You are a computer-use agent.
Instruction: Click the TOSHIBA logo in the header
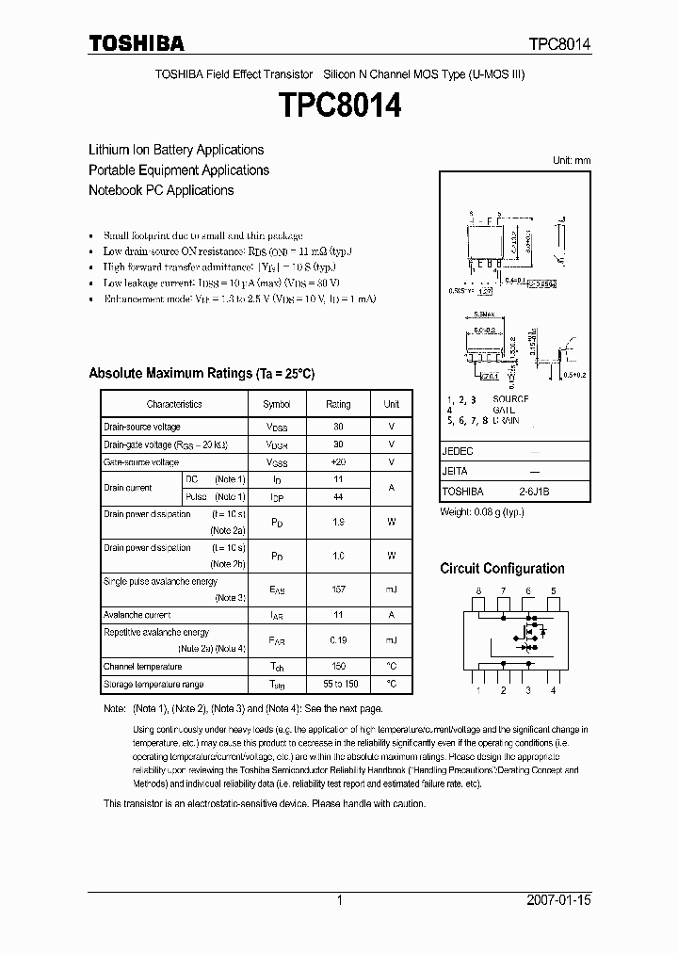137,43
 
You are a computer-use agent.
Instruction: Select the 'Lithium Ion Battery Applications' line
176,150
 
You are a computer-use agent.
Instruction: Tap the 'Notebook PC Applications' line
161,190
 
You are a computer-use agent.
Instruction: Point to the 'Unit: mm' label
572,160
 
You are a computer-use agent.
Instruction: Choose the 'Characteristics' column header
174,404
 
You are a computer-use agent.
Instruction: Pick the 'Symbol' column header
277,404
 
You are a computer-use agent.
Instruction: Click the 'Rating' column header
338,404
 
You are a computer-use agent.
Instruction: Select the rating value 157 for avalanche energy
338,590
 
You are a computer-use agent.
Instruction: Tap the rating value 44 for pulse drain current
338,496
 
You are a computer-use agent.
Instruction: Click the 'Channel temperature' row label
143,666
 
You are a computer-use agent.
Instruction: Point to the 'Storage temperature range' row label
153,685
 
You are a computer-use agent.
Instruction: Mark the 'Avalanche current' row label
137,615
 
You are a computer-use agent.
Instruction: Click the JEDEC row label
458,451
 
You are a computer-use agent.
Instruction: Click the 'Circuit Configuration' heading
502,569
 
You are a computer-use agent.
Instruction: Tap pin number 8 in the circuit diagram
478,590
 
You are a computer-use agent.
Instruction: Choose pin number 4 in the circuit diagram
553,690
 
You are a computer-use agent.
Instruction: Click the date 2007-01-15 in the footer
560,900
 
